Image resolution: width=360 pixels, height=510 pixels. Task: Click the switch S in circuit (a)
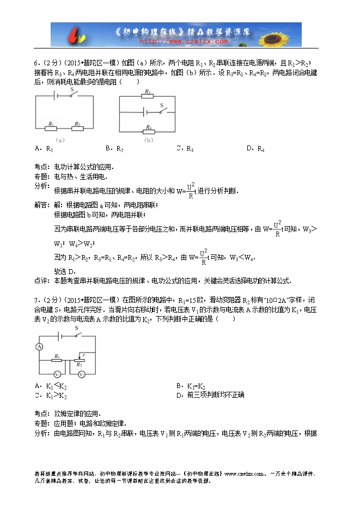tap(72, 96)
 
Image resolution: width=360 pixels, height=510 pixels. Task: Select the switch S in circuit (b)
tap(162, 112)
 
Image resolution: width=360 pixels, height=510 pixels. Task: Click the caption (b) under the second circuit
tap(147, 140)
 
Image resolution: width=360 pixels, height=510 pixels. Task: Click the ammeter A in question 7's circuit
tap(39, 347)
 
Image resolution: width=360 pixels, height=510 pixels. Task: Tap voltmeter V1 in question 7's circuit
tap(56, 374)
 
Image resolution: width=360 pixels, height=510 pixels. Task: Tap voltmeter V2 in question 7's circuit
tap(81, 374)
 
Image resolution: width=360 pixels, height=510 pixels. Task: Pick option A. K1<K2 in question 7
tap(50, 386)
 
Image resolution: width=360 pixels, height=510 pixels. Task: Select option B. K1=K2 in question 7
tap(190, 386)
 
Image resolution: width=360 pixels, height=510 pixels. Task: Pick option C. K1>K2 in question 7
tap(50, 396)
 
